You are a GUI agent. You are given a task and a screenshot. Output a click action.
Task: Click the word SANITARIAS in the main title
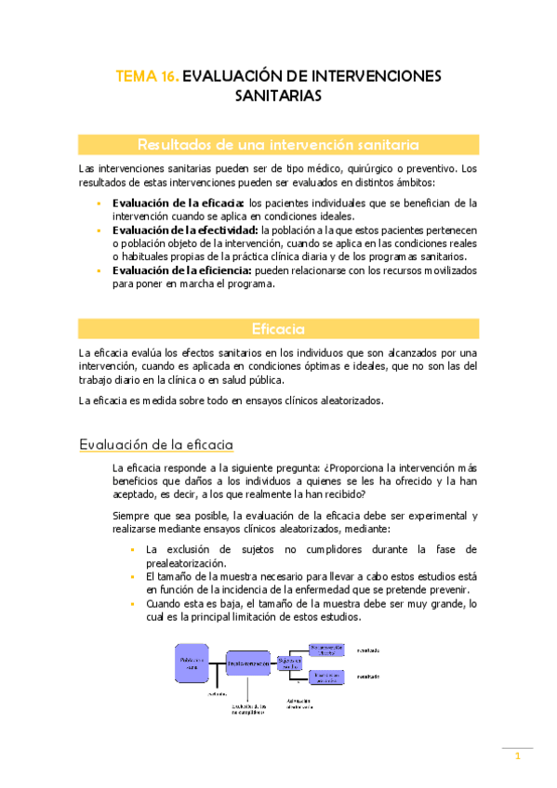pyautogui.click(x=278, y=96)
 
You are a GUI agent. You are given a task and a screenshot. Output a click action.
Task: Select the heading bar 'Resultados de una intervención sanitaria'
pyautogui.click(x=278, y=144)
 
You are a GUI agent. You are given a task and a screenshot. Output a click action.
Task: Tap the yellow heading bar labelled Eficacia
pyautogui.click(x=278, y=329)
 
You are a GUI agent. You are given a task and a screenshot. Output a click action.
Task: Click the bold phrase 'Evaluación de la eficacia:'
pyautogui.click(x=178, y=202)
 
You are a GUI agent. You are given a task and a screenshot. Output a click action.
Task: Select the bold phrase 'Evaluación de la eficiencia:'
pyautogui.click(x=181, y=270)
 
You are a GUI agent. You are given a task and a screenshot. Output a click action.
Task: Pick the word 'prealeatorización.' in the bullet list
pyautogui.click(x=190, y=563)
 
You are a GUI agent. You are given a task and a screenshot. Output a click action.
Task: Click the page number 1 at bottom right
pyautogui.click(x=518, y=757)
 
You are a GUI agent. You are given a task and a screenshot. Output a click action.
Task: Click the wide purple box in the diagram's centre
pyautogui.click(x=247, y=663)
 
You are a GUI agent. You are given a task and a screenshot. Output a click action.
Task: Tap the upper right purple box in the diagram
pyautogui.click(x=328, y=650)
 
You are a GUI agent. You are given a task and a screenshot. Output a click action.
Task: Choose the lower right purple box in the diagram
pyautogui.click(x=328, y=676)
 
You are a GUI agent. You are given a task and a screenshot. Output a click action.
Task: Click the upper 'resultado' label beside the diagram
pyautogui.click(x=368, y=650)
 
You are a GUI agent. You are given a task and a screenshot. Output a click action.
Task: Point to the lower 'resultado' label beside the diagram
pyautogui.click(x=368, y=677)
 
